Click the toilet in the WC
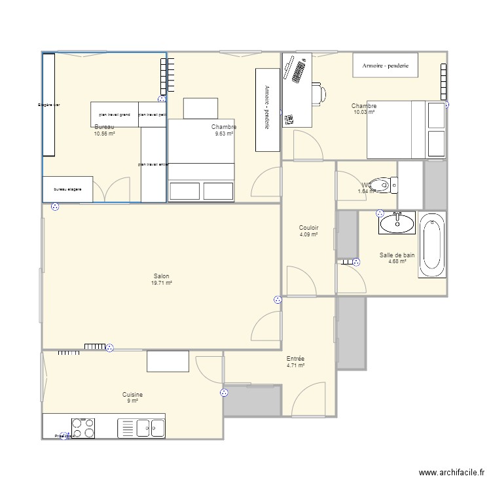[x=382, y=185]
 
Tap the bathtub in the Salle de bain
[x=431, y=246]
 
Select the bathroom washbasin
[x=396, y=223]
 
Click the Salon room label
[x=162, y=276]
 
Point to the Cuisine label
[x=132, y=395]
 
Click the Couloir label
[x=308, y=228]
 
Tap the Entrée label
[x=295, y=359]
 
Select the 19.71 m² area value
[x=162, y=283]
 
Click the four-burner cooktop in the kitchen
[x=82, y=427]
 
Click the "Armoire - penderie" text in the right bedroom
[x=386, y=65]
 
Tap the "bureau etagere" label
[x=67, y=190]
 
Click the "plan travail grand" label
[x=115, y=115]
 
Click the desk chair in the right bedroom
[x=319, y=94]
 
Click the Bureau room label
[x=104, y=126]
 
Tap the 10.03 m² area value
[x=364, y=113]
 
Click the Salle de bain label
[x=397, y=255]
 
